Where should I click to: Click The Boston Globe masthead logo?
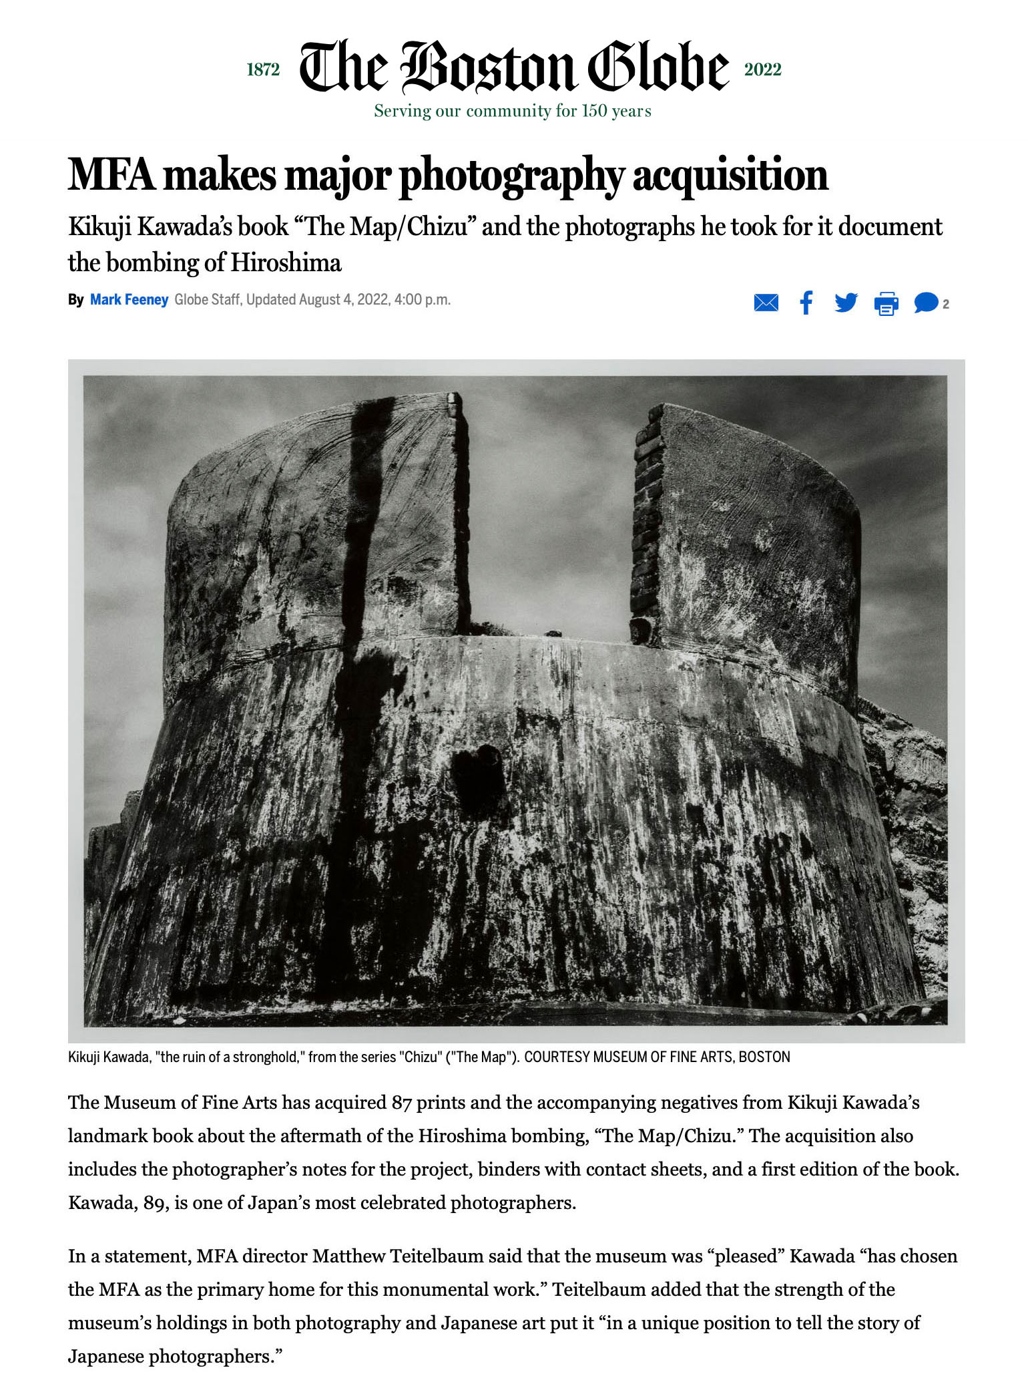click(x=513, y=67)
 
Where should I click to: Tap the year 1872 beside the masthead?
click(x=263, y=69)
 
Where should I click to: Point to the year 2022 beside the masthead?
click(x=762, y=69)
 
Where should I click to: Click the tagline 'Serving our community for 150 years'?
click(x=512, y=111)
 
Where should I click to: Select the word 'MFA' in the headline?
click(x=111, y=175)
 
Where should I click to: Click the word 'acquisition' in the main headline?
click(x=730, y=175)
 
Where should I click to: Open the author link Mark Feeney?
click(x=129, y=300)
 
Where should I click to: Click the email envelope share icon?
click(x=766, y=303)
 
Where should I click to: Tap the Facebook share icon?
click(x=806, y=303)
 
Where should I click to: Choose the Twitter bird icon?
click(x=846, y=303)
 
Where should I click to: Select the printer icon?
click(x=886, y=304)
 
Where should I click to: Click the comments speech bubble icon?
click(x=926, y=303)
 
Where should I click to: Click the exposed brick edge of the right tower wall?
click(x=646, y=521)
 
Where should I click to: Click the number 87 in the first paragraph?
click(x=401, y=1103)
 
